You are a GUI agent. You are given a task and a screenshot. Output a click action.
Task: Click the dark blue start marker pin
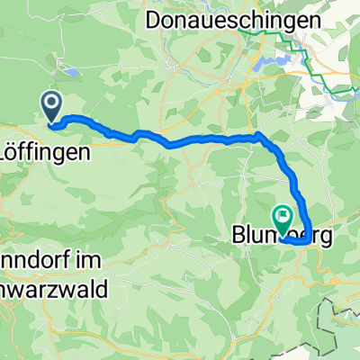51,108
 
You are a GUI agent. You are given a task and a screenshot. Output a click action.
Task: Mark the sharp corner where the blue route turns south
259,135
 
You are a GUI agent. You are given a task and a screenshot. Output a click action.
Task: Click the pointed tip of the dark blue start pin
51,122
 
